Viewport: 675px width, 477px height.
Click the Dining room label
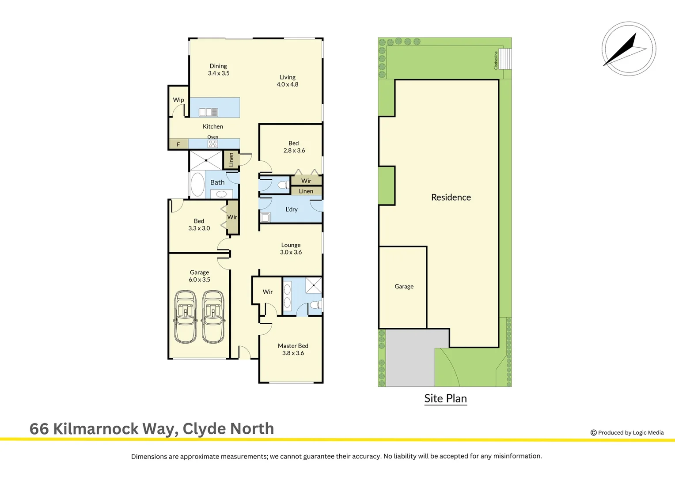[x=218, y=69]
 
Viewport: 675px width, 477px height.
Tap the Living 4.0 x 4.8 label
[x=287, y=80]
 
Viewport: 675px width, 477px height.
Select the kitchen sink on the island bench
[x=208, y=112]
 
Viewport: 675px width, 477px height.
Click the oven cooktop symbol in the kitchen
[x=213, y=144]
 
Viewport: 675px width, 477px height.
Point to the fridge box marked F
[x=178, y=144]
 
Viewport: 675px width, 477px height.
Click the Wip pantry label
[x=178, y=100]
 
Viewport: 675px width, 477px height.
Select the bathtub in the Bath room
[x=197, y=185]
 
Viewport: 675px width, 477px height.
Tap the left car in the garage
[x=186, y=317]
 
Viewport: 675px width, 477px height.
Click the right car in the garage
[x=213, y=317]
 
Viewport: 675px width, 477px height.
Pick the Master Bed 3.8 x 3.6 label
[x=293, y=349]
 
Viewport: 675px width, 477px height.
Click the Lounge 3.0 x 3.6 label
[x=291, y=249]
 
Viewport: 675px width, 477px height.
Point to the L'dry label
[x=292, y=209]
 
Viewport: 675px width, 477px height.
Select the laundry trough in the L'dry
[x=265, y=217]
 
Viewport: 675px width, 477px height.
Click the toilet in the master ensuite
[x=315, y=305]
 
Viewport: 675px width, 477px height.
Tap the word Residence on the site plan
[x=451, y=197]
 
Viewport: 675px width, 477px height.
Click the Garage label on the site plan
[x=404, y=286]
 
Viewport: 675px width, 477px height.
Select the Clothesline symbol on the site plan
[x=505, y=59]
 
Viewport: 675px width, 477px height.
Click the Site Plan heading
[x=445, y=398]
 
